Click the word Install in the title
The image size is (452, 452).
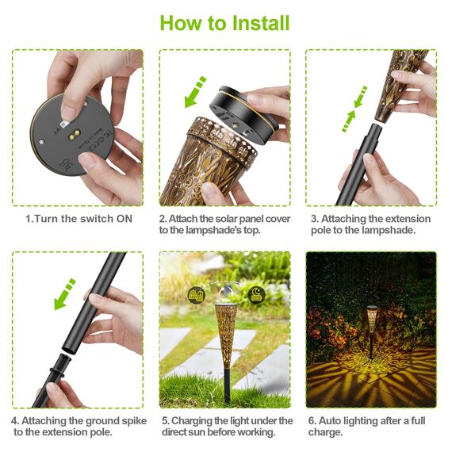coord(250,22)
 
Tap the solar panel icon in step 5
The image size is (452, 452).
coord(193,294)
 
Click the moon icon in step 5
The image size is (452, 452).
coord(259,293)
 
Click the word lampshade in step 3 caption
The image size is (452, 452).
coord(389,231)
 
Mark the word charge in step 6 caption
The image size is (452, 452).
coord(326,432)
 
